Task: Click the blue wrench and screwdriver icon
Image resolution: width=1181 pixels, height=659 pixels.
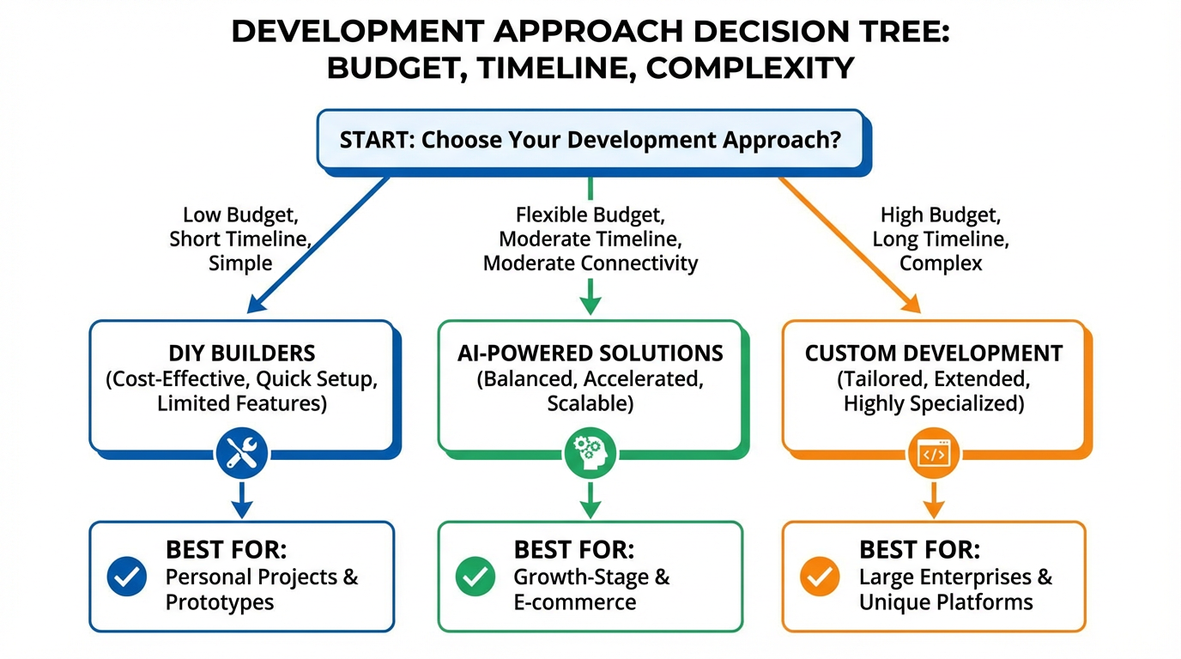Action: pos(242,452)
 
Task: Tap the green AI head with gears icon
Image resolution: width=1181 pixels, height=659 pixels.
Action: pos(590,453)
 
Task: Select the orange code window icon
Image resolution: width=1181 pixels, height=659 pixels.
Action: pos(934,453)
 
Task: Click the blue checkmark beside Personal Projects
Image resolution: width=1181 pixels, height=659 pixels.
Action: pos(127,577)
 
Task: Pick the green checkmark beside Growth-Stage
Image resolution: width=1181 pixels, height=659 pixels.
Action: pos(475,577)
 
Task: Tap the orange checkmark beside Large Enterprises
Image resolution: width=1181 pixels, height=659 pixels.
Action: pos(821,577)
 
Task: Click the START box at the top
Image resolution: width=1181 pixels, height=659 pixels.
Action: pos(590,140)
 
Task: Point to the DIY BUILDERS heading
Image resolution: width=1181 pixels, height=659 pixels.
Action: pos(242,353)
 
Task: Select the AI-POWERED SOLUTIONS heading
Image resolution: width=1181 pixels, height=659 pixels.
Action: pos(590,353)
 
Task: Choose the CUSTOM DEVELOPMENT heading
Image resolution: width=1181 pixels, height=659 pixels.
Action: pos(934,353)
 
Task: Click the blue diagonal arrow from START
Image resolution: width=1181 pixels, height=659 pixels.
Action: pos(318,244)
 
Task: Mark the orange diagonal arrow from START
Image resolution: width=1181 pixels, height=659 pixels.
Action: pos(850,244)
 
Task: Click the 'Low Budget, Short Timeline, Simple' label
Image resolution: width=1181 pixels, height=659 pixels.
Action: pos(240,239)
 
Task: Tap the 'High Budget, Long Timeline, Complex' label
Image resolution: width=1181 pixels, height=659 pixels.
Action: pos(941,239)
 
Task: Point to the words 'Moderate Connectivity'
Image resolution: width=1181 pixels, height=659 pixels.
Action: pos(590,263)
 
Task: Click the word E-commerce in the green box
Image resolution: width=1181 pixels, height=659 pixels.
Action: pos(575,602)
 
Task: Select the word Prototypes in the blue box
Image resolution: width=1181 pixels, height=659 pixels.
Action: pos(220,602)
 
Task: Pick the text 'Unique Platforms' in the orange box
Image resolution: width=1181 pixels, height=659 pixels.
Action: pos(946,602)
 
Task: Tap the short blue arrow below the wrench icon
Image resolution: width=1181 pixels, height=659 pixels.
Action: pos(242,499)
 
